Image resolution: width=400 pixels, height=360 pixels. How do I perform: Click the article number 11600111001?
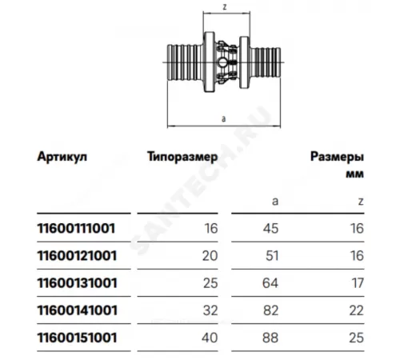pyautogui.click(x=76, y=228)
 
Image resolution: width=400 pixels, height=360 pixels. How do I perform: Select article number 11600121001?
pyautogui.click(x=77, y=256)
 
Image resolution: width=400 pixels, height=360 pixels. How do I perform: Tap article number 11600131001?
pyautogui.click(x=78, y=283)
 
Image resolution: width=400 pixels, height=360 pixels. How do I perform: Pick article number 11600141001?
pyautogui.click(x=78, y=310)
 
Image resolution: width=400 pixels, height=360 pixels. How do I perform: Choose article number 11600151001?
pyautogui.click(x=78, y=338)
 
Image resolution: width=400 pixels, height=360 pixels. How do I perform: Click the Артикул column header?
pyautogui.click(x=62, y=157)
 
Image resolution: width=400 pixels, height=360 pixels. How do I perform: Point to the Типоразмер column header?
pyautogui.click(x=182, y=157)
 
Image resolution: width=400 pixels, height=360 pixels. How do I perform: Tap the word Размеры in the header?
pyautogui.click(x=337, y=157)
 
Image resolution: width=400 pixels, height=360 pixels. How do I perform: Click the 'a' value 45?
pyautogui.click(x=270, y=229)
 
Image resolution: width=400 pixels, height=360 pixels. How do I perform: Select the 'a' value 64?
pyautogui.click(x=270, y=283)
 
